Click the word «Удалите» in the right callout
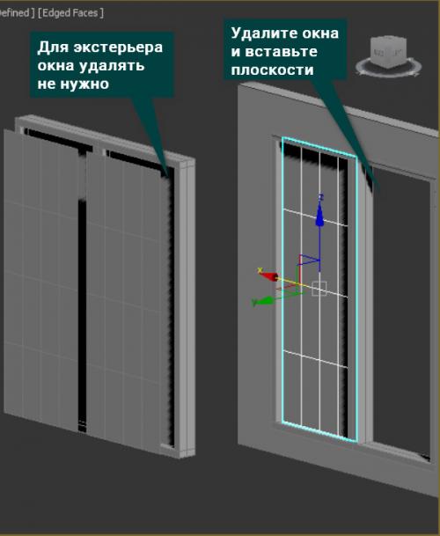[260, 33]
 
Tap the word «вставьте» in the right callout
[282, 52]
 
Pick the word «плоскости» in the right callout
[272, 70]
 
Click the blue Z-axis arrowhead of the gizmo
[319, 215]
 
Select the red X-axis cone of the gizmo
[270, 275]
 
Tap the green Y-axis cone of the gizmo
[265, 300]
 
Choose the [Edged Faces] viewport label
[70, 13]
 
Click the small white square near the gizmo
[319, 289]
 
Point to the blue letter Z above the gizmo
[320, 197]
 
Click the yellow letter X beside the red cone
[260, 270]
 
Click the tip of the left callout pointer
[168, 176]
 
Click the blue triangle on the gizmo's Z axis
[310, 260]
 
